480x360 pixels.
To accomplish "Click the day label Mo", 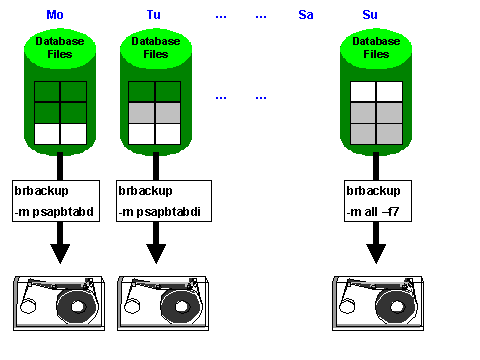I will tap(55, 14).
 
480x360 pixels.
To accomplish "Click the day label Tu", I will tap(153, 14).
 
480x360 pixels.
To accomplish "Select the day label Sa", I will tap(306, 14).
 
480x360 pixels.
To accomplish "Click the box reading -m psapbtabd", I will tap(60, 200).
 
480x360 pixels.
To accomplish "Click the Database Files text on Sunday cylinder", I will tap(376, 48).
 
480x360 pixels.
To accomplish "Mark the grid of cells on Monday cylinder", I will tap(60, 112).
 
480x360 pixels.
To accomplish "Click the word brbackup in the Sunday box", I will tap(371, 190).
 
